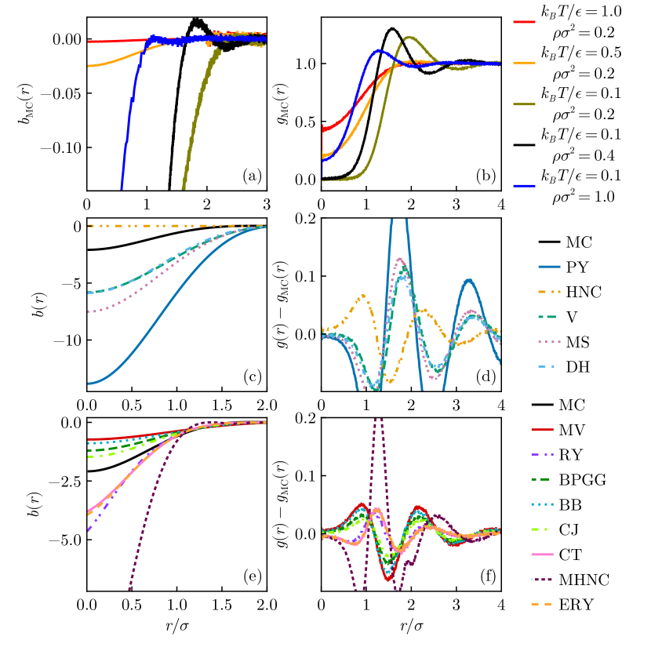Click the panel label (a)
[251, 176]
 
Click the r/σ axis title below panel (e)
[176, 630]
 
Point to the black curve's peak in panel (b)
[391, 28]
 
